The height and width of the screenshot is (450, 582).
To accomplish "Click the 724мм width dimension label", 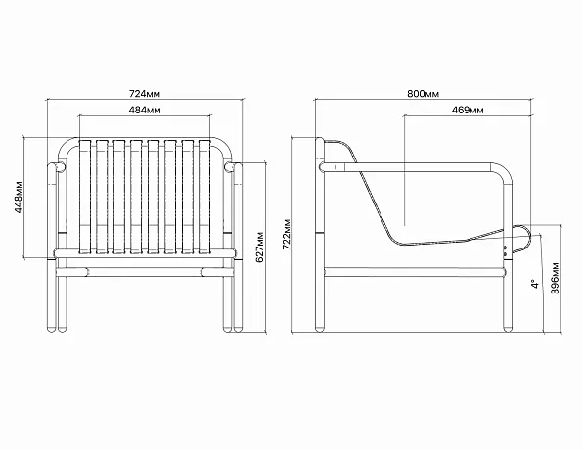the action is click(145, 94).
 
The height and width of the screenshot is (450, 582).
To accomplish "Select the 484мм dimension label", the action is click(145, 110).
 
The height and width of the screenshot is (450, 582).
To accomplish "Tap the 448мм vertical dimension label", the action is click(19, 198).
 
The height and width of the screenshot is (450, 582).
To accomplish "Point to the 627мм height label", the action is click(260, 247).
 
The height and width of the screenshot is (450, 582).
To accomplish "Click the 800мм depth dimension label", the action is click(424, 94).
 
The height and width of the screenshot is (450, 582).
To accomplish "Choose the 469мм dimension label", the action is click(468, 110).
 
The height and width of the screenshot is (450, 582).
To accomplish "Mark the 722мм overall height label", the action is click(287, 235).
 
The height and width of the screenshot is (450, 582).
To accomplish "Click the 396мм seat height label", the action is click(555, 278).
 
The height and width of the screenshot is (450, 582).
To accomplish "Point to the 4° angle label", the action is click(534, 284).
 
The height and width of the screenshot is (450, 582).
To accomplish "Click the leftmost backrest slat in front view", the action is click(85, 197).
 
